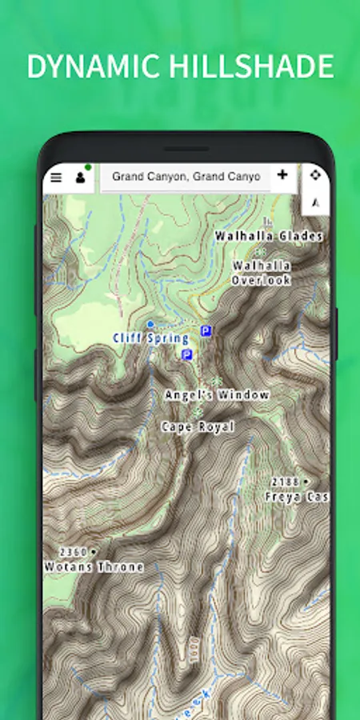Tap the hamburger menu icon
56,178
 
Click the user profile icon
80,178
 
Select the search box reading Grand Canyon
186,177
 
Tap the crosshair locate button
315,175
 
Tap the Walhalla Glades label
268,236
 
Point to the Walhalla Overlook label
261,273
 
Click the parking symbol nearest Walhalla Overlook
206,330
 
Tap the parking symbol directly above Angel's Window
187,354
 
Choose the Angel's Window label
217,395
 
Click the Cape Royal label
198,427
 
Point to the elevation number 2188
285,482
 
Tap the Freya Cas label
297,497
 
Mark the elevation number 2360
74,552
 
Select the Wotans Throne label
94,567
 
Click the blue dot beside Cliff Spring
150,324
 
